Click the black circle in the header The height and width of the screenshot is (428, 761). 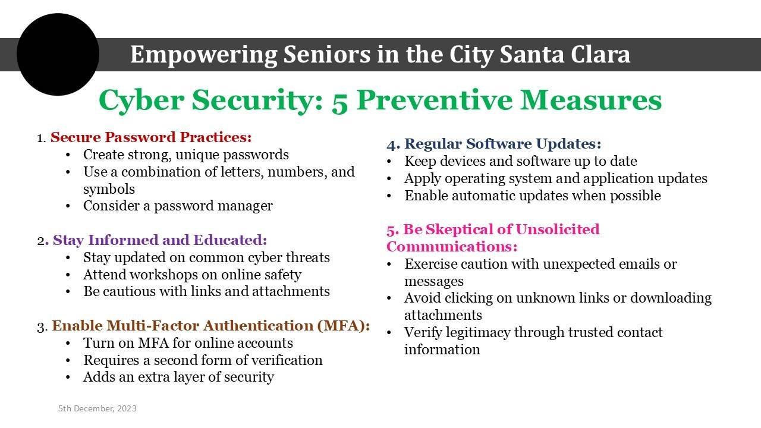(x=58, y=54)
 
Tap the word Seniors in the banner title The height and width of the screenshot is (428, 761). (x=327, y=54)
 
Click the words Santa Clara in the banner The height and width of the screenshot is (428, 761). (x=565, y=54)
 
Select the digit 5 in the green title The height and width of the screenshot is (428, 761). (x=339, y=102)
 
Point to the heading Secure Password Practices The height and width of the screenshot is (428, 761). (x=151, y=137)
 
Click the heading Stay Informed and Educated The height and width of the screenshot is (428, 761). (x=160, y=240)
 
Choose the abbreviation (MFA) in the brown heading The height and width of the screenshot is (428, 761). (x=344, y=326)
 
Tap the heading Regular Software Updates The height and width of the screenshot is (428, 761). (x=503, y=144)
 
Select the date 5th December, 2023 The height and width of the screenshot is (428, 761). (x=98, y=408)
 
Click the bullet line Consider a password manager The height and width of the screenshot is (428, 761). (x=178, y=206)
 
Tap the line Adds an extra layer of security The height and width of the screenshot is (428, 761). (x=179, y=377)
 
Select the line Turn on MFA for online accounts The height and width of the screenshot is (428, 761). (x=188, y=343)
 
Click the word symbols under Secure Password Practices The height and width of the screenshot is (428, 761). (x=109, y=189)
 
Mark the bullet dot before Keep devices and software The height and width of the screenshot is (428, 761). (x=389, y=162)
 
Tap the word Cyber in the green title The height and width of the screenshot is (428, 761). (x=141, y=101)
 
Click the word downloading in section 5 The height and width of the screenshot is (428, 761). (x=671, y=298)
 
